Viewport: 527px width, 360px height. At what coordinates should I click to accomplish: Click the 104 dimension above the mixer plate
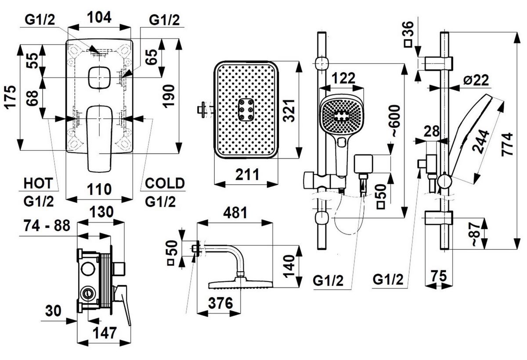point(99,18)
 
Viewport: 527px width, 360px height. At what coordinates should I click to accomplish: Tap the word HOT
point(38,183)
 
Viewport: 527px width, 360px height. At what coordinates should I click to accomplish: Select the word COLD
point(165,183)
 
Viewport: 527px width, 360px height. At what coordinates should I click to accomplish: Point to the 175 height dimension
point(11,97)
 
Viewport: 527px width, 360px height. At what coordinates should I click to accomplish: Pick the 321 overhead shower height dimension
point(289,111)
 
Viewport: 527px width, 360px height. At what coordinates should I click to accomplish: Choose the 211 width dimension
point(247,175)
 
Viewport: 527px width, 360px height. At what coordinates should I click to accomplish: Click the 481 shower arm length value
point(235,213)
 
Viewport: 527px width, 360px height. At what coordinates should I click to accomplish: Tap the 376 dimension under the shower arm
point(220,303)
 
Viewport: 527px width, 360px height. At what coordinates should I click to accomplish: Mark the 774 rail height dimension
point(507,144)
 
